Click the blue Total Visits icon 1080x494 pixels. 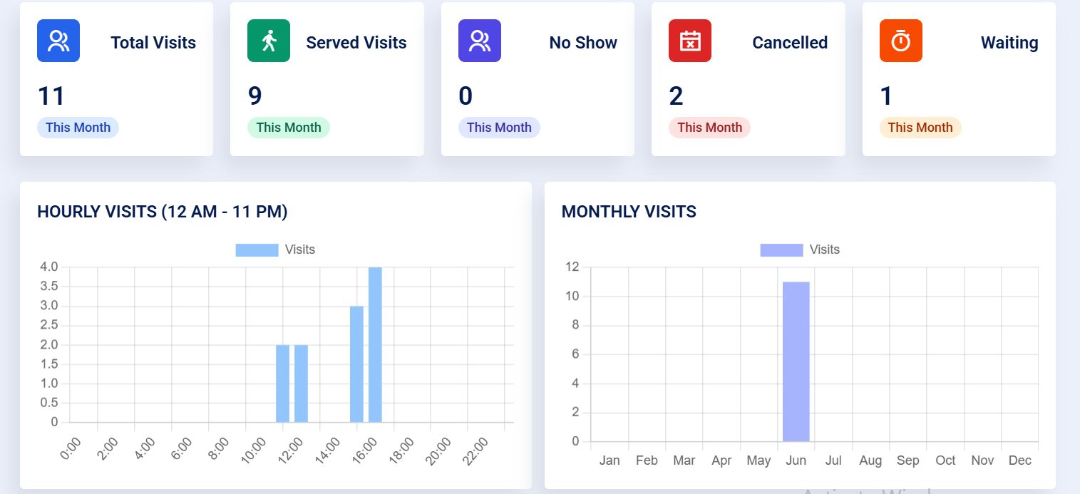pos(58,41)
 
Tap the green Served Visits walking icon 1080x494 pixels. pos(268,41)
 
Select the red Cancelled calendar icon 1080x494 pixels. pos(689,41)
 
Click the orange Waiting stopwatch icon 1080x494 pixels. pos(900,41)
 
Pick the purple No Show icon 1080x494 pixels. pos(479,41)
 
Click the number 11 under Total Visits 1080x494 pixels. pos(51,96)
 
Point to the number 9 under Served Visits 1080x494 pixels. pos(254,96)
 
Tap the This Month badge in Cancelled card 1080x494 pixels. pos(709,128)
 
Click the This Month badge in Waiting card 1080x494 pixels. pos(920,128)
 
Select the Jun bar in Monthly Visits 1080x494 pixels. pos(796,361)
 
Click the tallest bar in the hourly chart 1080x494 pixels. pos(375,344)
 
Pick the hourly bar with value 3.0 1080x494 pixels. pos(356,364)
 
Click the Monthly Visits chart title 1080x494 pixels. pos(629,212)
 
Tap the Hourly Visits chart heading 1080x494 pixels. pos(162,212)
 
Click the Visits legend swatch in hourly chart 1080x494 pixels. pos(257,249)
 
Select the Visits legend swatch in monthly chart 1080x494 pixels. pos(781,249)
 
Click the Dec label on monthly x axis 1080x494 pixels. pos(1019,460)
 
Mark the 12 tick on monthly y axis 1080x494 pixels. pos(572,267)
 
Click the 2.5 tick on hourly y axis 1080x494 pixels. pos(49,325)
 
